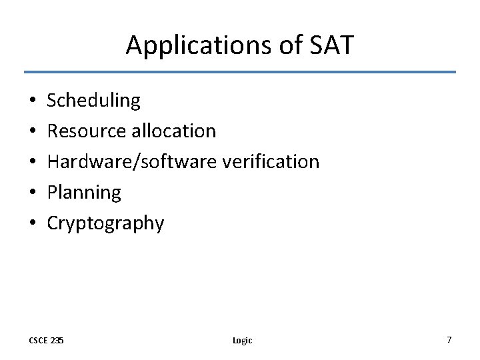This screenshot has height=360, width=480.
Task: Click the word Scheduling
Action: coord(94,101)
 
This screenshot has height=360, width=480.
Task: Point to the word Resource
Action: coord(87,131)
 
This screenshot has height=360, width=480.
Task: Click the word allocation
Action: coord(173,131)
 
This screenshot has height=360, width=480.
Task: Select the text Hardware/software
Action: coord(130,162)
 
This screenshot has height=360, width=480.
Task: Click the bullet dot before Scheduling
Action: coord(33,101)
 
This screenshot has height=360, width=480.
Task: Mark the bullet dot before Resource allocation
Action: coord(33,132)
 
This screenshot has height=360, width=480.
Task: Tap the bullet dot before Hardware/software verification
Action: coord(33,163)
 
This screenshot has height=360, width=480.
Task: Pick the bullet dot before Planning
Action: coord(33,193)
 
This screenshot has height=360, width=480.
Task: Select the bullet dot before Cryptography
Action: coord(33,224)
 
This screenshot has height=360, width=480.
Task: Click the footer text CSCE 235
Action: coord(46,340)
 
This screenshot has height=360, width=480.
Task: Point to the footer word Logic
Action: coord(242,340)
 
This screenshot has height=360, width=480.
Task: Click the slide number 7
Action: coord(449,340)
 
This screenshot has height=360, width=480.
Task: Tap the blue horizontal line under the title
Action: coord(240,72)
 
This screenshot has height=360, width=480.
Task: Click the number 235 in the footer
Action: coord(57,340)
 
